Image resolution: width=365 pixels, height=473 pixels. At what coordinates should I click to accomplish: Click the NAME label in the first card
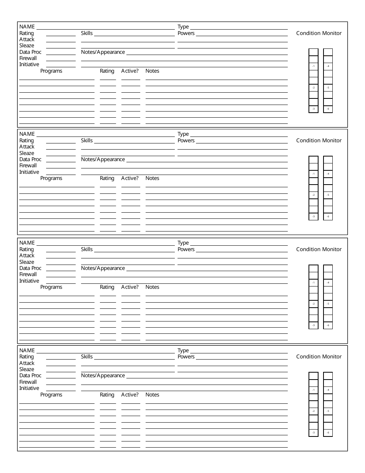click(x=27, y=27)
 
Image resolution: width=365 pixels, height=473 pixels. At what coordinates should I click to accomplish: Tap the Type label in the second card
click(x=183, y=134)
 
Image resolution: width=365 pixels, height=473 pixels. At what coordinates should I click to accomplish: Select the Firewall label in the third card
click(x=28, y=275)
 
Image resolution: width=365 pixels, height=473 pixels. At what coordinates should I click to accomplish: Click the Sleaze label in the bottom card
click(x=27, y=370)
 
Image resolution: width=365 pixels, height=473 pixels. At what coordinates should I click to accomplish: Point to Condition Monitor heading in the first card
click(x=319, y=33)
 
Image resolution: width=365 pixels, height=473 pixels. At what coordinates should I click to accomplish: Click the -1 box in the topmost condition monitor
click(x=314, y=67)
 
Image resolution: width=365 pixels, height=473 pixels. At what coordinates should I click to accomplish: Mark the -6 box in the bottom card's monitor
click(x=328, y=433)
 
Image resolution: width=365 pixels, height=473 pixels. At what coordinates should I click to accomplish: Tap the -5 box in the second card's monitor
click(x=328, y=195)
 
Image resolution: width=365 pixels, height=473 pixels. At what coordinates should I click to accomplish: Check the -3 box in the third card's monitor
click(x=314, y=326)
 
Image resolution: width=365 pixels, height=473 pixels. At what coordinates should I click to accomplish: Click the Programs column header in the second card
click(x=51, y=178)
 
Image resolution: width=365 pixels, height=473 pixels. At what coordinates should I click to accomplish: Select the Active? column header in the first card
click(x=130, y=71)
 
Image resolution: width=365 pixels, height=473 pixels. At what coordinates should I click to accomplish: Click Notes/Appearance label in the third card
click(x=103, y=268)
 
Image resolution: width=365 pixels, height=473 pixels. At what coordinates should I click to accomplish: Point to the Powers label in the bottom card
click(x=186, y=357)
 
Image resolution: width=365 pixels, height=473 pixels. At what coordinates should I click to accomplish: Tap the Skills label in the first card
click(x=87, y=33)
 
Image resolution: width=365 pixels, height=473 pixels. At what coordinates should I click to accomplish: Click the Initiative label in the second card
click(x=29, y=172)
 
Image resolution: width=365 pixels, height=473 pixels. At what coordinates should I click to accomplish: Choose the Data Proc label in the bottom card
click(x=30, y=376)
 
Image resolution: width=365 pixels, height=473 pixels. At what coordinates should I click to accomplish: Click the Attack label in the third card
click(x=27, y=256)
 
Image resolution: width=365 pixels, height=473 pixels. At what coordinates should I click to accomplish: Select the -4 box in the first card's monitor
click(x=328, y=67)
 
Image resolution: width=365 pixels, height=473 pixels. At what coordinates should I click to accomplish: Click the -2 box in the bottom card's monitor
click(x=314, y=411)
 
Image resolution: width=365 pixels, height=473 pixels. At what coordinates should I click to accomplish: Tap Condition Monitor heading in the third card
click(x=319, y=250)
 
